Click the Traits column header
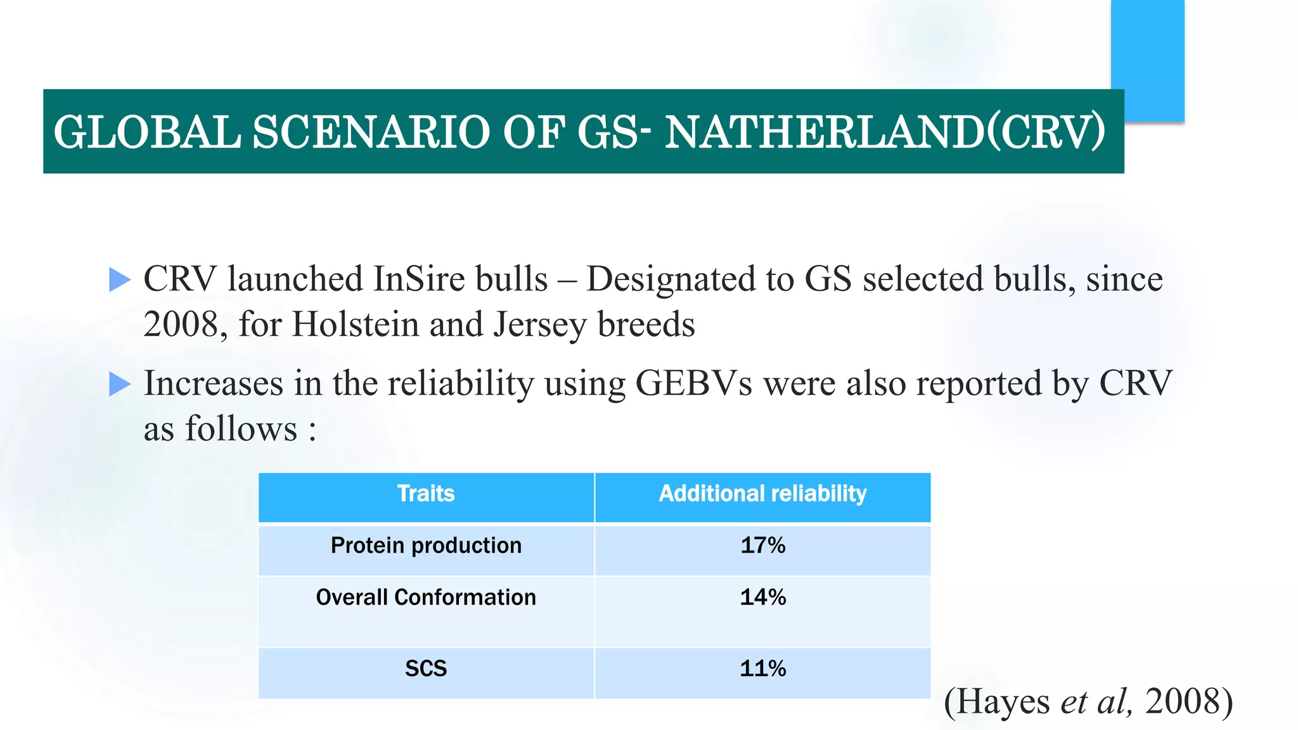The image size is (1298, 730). [426, 494]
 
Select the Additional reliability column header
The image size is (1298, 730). [762, 494]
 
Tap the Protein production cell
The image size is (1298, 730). [426, 546]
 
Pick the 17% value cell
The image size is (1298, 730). [762, 546]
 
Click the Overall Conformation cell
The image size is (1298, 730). [426, 598]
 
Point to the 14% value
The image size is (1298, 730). [762, 598]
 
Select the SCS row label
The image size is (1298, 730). [426, 669]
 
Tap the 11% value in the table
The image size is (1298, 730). [762, 669]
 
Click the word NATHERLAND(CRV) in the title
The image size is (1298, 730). [885, 132]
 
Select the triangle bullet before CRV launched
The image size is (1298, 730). [119, 279]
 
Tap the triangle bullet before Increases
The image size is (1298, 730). [119, 384]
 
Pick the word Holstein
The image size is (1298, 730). [355, 324]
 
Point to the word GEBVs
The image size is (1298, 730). [693, 383]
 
